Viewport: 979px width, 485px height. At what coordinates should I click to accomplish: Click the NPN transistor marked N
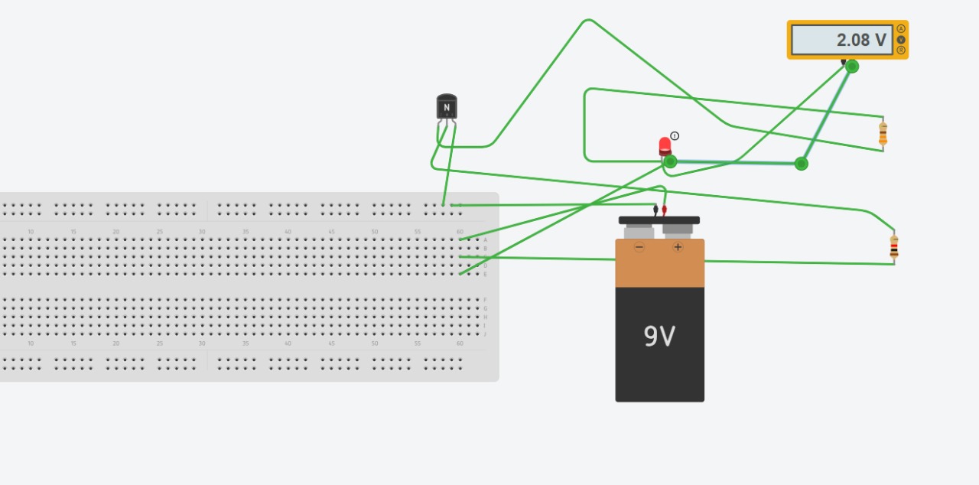tap(447, 108)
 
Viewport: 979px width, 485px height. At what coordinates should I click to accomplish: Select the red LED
tap(665, 145)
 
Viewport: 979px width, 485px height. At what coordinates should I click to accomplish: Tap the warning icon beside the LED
tap(675, 135)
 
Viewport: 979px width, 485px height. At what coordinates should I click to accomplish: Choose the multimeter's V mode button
tap(901, 40)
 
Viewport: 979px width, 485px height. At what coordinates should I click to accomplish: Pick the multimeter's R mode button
tap(901, 50)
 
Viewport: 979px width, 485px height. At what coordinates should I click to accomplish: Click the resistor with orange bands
tap(883, 133)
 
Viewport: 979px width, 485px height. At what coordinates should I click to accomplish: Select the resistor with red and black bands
tap(893, 246)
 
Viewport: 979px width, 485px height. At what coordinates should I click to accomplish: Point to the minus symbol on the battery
tap(639, 247)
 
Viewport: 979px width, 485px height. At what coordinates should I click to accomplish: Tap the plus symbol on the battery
tap(678, 247)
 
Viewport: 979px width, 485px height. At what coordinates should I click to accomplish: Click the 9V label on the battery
tap(659, 336)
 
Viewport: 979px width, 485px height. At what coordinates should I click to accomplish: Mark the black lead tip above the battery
tap(655, 209)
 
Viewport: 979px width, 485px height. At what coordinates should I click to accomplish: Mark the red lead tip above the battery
tap(664, 209)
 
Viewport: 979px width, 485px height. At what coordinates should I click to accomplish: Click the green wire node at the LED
tap(670, 161)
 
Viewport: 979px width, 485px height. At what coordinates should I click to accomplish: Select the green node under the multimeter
tap(852, 67)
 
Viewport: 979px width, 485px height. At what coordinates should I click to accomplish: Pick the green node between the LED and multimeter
tap(801, 163)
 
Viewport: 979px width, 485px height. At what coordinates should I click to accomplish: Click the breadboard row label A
tap(485, 239)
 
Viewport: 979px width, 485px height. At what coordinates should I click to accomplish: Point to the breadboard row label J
tap(485, 334)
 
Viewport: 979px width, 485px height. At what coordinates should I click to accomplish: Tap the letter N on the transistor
tap(447, 108)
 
